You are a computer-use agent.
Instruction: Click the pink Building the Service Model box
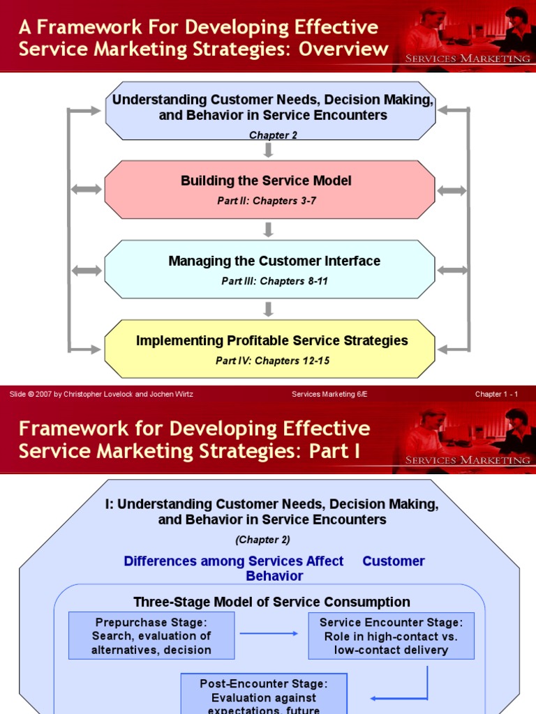(x=269, y=189)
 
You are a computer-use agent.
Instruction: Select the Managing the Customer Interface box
(x=269, y=269)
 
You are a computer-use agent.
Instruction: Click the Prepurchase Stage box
(x=151, y=636)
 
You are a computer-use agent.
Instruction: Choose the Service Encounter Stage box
(x=391, y=636)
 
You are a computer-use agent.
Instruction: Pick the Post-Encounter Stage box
(x=264, y=694)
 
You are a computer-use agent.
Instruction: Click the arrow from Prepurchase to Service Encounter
(x=269, y=634)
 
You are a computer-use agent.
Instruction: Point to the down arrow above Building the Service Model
(x=269, y=150)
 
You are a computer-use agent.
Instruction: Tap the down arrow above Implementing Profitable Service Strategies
(x=269, y=309)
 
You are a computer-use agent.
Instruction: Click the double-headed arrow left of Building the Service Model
(x=87, y=190)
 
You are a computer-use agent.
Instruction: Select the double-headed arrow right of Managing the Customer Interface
(x=452, y=270)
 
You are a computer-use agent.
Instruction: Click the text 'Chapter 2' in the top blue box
(x=273, y=135)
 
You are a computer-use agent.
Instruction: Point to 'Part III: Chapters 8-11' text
(x=274, y=282)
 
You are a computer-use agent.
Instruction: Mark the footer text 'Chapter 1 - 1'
(x=496, y=394)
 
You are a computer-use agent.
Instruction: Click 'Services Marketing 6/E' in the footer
(x=329, y=394)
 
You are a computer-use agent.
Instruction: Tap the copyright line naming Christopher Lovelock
(x=101, y=394)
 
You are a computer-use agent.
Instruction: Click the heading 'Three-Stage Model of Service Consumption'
(x=271, y=602)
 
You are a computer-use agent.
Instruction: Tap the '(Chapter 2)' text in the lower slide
(x=262, y=540)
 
